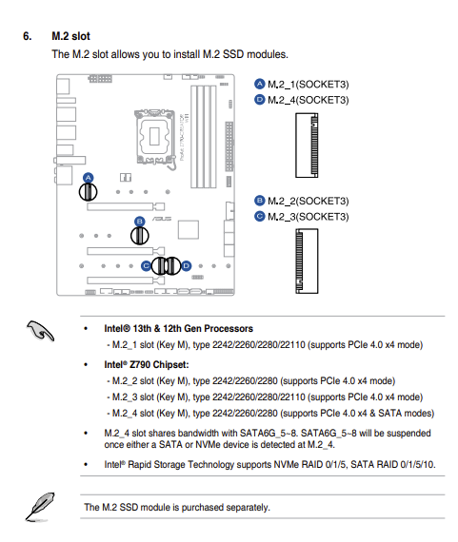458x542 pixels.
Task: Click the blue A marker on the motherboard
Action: (x=89, y=178)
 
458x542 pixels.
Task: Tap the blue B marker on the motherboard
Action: (x=140, y=222)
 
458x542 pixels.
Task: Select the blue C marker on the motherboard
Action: (x=146, y=266)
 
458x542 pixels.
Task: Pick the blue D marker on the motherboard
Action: (x=187, y=266)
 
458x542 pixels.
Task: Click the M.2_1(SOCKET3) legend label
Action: (x=309, y=85)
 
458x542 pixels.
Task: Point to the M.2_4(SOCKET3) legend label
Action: (x=309, y=100)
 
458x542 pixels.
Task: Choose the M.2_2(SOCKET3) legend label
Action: (x=309, y=201)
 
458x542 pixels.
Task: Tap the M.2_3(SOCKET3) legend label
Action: (x=309, y=217)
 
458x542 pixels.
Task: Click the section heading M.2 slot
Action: (x=70, y=36)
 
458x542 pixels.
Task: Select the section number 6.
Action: (x=28, y=36)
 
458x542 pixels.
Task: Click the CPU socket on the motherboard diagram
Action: (x=155, y=136)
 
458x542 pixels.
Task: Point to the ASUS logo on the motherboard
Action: (x=162, y=219)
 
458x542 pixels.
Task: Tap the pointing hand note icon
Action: (x=41, y=331)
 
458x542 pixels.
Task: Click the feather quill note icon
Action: (x=40, y=507)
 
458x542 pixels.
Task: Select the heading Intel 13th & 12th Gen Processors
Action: (x=178, y=328)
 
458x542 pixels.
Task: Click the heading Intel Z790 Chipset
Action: (x=147, y=365)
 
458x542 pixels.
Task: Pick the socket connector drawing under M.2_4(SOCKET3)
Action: (x=307, y=145)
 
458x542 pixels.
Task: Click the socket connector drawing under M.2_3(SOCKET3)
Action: (x=307, y=261)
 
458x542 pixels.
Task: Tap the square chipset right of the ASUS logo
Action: (x=189, y=229)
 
